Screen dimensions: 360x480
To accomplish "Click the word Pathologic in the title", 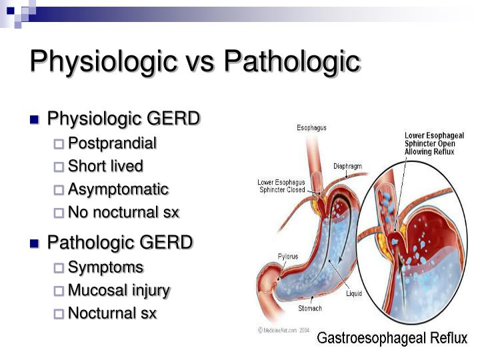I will (x=291, y=61).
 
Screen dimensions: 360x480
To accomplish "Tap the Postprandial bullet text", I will (x=112, y=143).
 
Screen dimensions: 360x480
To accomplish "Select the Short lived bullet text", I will (x=105, y=166).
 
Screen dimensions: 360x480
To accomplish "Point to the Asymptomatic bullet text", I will (x=118, y=189).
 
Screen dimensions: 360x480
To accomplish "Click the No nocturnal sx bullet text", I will (x=123, y=213).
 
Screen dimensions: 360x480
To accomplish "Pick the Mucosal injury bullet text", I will (x=119, y=290).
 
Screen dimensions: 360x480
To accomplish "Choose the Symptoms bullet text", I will (x=105, y=267).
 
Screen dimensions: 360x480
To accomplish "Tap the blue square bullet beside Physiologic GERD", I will (x=35, y=121).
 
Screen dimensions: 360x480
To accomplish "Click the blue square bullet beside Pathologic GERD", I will (x=35, y=243).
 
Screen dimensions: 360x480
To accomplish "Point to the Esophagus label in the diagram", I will (x=311, y=128).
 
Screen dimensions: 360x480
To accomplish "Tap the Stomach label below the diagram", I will (x=310, y=308).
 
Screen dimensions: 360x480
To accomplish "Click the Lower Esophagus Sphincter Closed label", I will (x=281, y=185).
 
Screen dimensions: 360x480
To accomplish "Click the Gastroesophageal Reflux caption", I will (x=391, y=339).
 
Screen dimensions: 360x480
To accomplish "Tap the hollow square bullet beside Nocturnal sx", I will (x=59, y=313).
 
